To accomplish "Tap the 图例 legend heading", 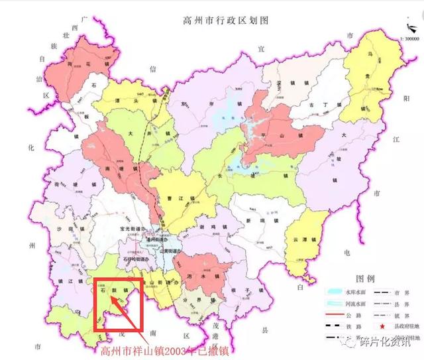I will pyautogui.click(x=365, y=278).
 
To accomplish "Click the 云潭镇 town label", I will pyautogui.click(x=311, y=240).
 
